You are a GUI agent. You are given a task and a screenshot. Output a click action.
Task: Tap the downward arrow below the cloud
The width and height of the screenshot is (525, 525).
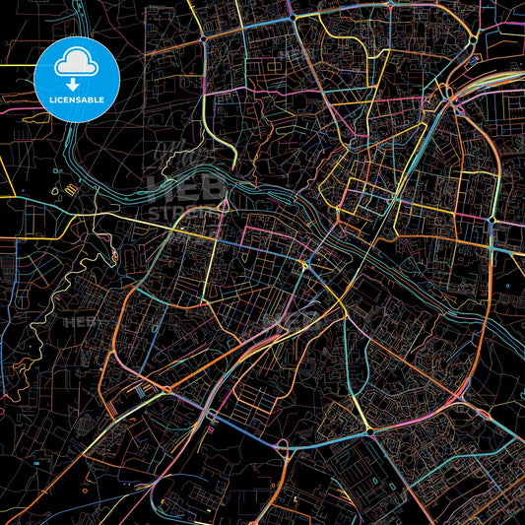point(75,86)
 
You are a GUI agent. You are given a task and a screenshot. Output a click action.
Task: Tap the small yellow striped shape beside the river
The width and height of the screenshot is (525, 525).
point(70,186)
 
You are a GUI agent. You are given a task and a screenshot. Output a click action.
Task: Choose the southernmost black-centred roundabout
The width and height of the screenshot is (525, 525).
point(369,430)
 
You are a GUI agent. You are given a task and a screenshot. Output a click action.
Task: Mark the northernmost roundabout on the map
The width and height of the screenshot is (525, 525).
point(294,17)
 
